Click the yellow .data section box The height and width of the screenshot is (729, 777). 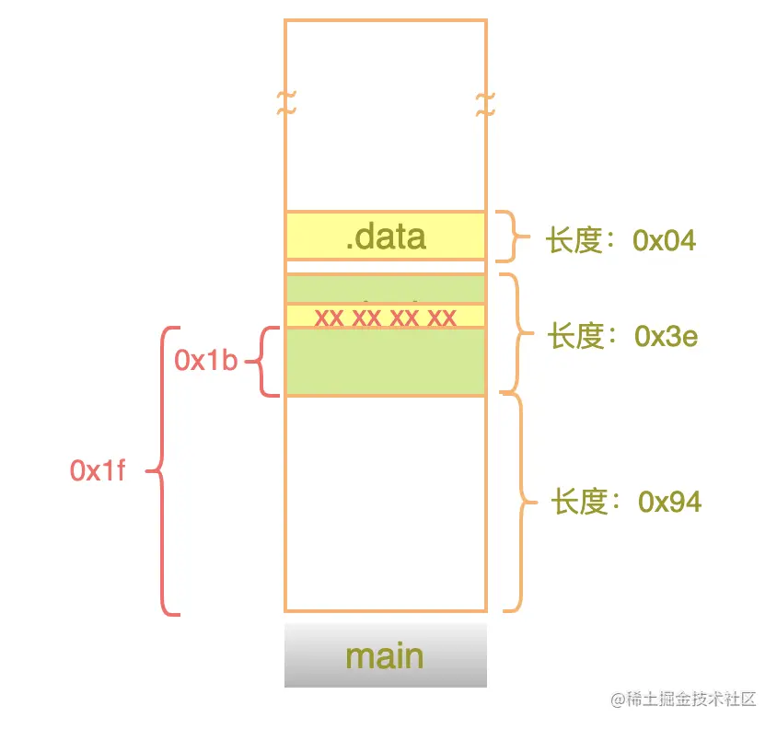click(x=385, y=236)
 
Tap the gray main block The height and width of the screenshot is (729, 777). click(x=385, y=655)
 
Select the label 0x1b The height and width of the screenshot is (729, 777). click(x=206, y=361)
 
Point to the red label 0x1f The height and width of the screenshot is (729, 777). click(x=98, y=470)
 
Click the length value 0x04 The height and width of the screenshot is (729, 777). click(x=664, y=241)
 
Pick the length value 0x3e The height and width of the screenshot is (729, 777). click(x=667, y=337)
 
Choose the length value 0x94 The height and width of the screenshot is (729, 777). click(x=670, y=502)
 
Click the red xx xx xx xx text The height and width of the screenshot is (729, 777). click(x=385, y=318)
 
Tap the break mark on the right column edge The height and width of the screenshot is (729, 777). click(x=485, y=104)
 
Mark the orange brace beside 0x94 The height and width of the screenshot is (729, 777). click(x=521, y=503)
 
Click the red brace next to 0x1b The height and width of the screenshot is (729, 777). click(x=265, y=362)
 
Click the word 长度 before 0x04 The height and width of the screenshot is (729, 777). click(x=574, y=241)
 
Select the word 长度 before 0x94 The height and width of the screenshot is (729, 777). click(x=580, y=502)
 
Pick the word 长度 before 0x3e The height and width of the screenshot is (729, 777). click(x=576, y=337)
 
